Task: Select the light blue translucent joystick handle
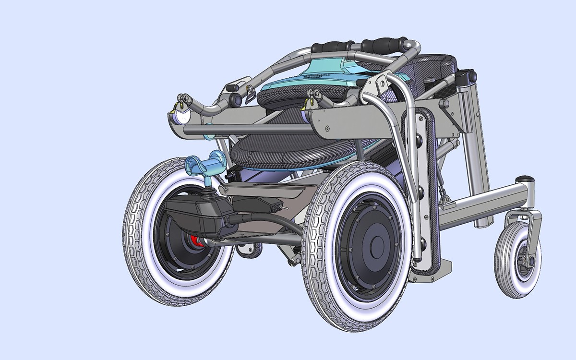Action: point(205,165)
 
